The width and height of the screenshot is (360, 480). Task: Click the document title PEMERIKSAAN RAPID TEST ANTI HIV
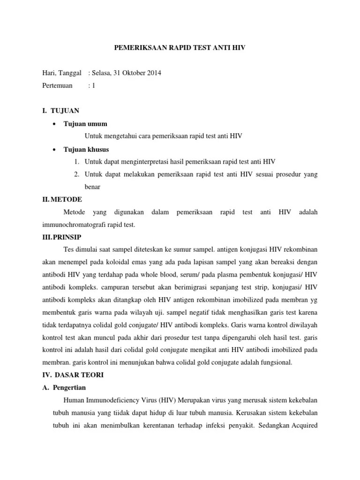180,48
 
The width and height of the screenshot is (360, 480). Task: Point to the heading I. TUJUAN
61,111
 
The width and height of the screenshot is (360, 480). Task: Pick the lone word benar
93,187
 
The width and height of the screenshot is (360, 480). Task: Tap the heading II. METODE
62,199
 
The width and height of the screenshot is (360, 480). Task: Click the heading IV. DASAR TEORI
73,375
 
